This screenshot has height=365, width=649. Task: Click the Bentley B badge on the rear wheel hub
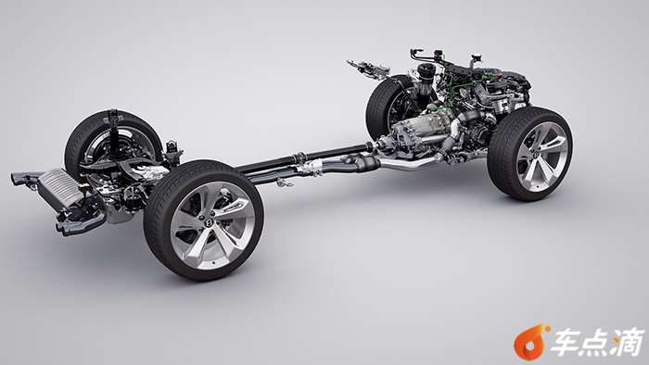(209, 223)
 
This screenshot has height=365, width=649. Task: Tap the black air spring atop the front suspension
(424, 78)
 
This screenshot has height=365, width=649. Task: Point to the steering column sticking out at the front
(368, 68)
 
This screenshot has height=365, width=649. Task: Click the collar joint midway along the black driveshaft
(300, 157)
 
